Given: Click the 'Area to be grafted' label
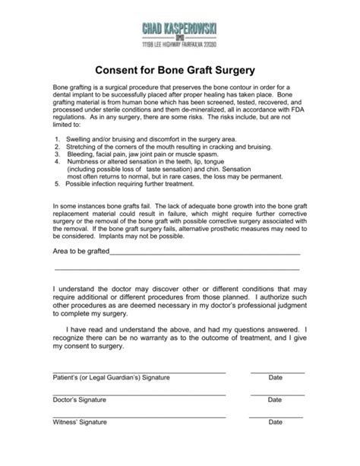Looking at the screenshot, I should pos(81,252).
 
